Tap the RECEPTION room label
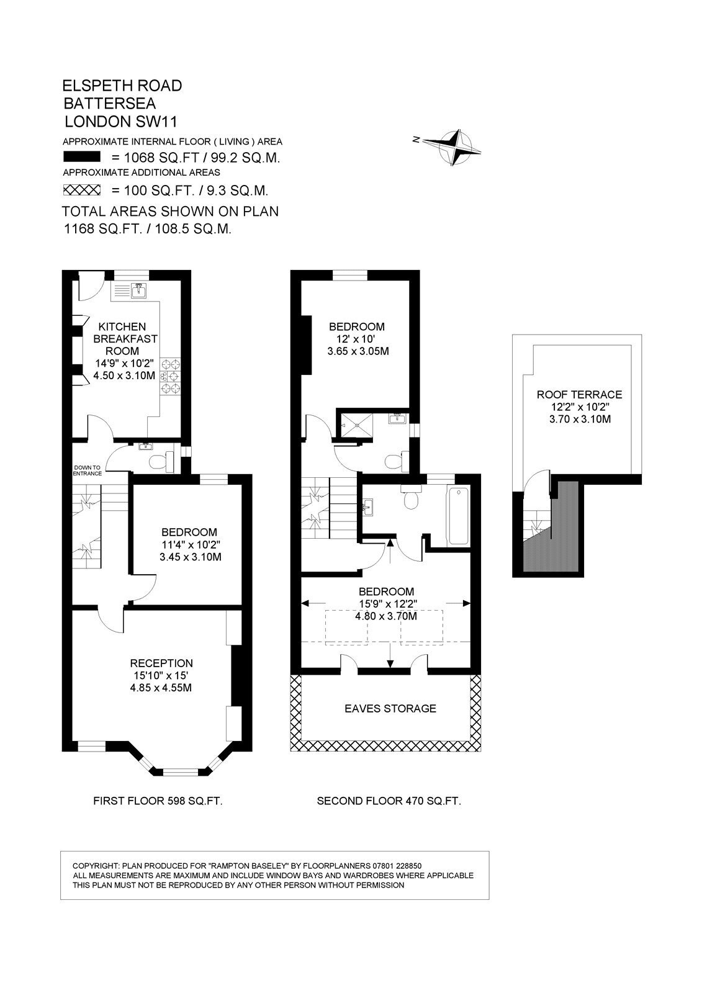click(161, 663)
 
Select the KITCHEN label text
click(122, 326)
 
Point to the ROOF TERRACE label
click(579, 395)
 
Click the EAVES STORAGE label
click(390, 708)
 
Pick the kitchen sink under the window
click(139, 290)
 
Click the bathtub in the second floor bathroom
click(459, 516)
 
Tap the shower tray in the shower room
click(355, 425)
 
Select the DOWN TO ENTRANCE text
click(88, 470)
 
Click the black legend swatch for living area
click(82, 157)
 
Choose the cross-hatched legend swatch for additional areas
click(82, 190)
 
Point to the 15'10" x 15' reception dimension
click(161, 676)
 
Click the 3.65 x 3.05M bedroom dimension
click(358, 351)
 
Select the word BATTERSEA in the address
click(109, 103)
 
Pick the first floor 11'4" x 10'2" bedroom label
click(191, 544)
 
